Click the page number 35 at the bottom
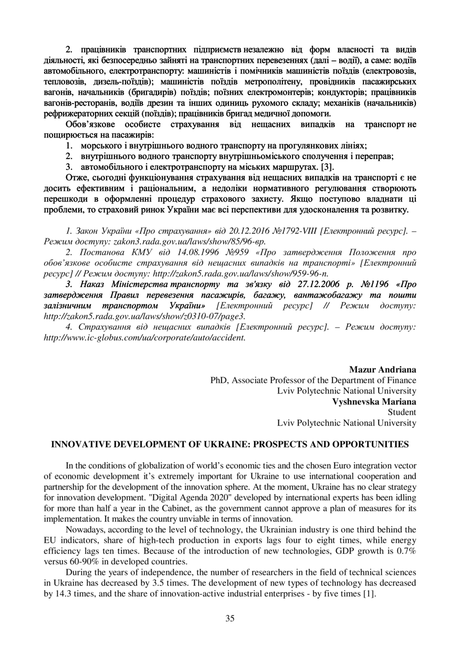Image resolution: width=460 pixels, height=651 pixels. tap(230, 618)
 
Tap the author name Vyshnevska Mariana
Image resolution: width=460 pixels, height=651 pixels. tap(374, 401)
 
